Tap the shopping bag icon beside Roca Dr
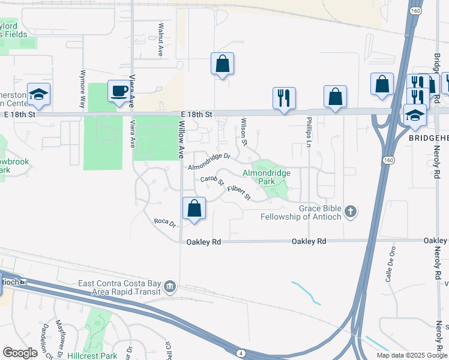pos(194,209)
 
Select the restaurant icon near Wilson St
pos(284,97)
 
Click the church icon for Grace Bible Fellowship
pos(351,211)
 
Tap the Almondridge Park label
pos(267,176)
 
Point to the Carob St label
pos(212,179)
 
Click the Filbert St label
pos(238,191)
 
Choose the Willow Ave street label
pos(181,139)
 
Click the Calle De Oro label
pos(391,264)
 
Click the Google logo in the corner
pos(20,352)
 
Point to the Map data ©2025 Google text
pos(411,355)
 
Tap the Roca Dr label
pos(164,223)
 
